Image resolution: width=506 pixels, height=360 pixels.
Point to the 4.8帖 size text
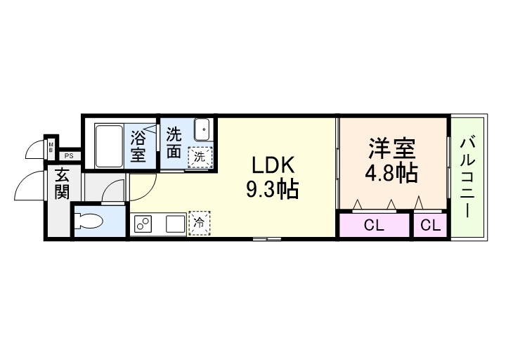tap(391, 173)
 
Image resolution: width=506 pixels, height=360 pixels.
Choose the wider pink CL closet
tap(373, 226)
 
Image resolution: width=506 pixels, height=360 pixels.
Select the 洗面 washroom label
tap(174, 143)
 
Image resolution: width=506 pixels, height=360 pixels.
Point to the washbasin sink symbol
tap(202, 131)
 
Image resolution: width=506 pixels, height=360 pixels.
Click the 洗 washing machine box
tap(200, 156)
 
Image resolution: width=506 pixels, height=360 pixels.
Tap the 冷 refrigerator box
tap(199, 224)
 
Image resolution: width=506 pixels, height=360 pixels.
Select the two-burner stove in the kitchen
tap(144, 224)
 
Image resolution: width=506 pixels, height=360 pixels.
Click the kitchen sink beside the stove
tap(174, 224)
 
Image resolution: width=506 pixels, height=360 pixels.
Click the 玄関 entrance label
tap(61, 184)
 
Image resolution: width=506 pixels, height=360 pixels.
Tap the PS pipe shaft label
tap(69, 156)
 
